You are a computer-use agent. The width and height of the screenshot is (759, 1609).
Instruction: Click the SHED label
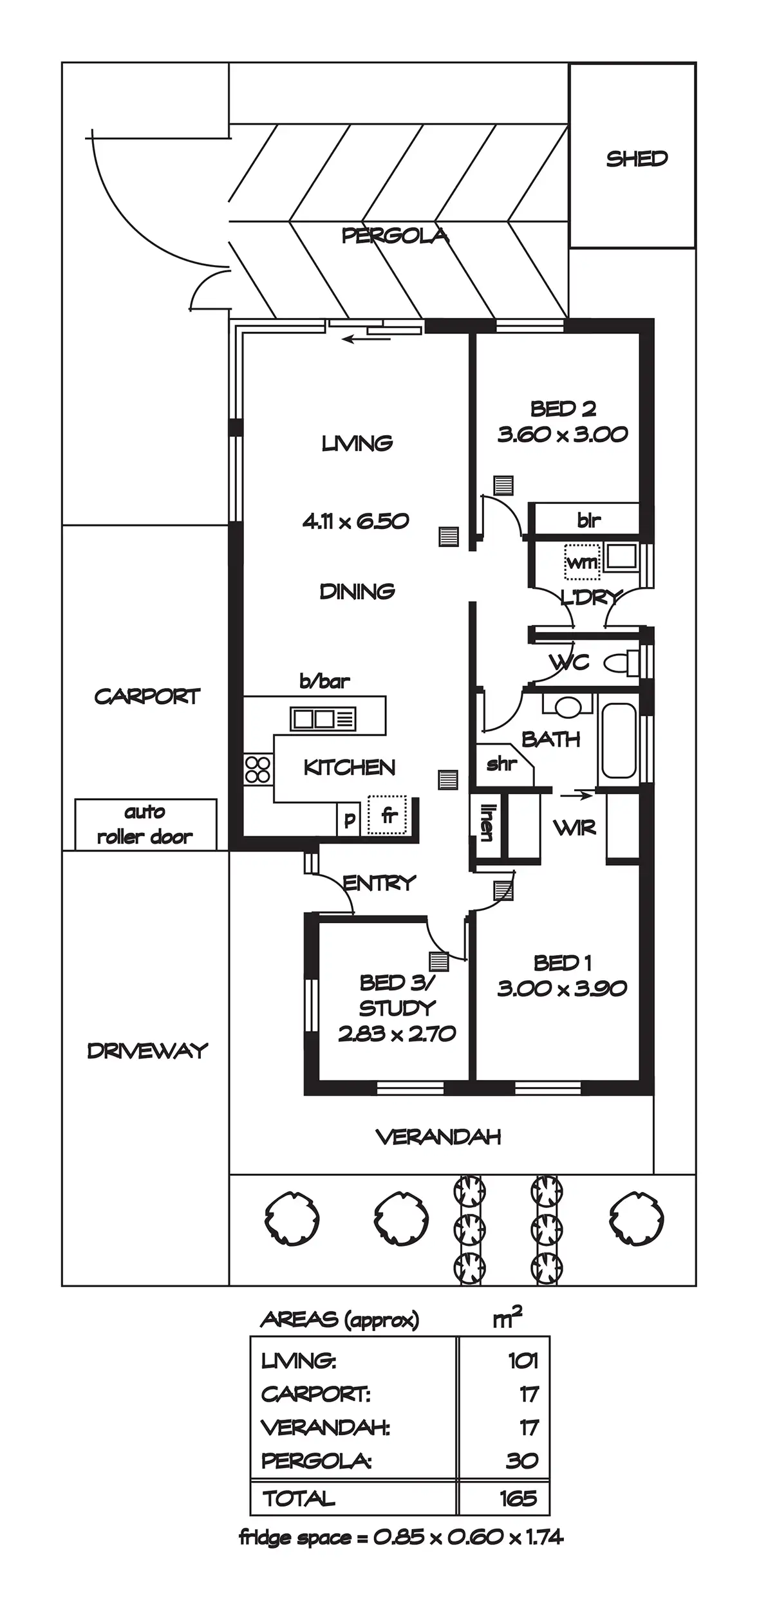coord(636,158)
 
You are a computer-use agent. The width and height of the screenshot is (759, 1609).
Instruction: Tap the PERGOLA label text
coord(395,236)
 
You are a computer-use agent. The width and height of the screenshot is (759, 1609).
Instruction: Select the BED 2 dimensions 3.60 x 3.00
coord(562,434)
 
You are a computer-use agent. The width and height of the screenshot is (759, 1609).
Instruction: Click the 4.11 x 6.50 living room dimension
coord(355,521)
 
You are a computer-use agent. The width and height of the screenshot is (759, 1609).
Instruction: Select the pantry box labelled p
coord(349,820)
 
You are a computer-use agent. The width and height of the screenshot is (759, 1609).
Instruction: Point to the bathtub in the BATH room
coord(618,740)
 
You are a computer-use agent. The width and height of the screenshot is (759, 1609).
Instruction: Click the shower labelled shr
coord(503,765)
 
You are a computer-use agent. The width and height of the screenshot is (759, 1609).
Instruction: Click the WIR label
coord(574,828)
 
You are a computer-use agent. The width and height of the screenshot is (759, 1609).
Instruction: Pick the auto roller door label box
coord(145,824)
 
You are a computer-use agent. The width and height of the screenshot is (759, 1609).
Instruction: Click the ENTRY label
coord(379,883)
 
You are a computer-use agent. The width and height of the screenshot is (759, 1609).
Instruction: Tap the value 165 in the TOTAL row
coord(518,1499)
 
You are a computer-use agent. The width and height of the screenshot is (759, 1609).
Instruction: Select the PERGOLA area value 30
coord(521,1461)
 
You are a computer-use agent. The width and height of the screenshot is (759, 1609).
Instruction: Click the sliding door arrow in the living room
coord(360,339)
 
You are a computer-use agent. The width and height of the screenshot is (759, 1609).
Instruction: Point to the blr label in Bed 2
coord(588,519)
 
